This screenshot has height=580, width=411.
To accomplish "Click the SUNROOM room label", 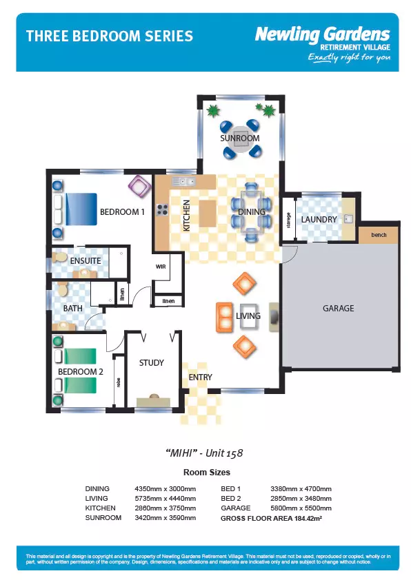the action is point(239,138).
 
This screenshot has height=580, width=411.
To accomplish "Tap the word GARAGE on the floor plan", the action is point(338,308).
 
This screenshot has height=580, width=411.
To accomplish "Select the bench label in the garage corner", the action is point(379,235).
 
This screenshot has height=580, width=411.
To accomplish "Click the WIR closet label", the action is point(161,267).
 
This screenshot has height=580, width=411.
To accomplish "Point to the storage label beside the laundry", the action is point(289,220).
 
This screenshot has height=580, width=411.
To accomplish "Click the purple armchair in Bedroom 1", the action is point(139,186).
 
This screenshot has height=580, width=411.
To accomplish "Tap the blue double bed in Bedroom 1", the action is point(81,209).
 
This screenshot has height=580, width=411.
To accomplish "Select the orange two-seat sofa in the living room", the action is point(224,318).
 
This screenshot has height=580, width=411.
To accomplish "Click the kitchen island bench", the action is point(208,213).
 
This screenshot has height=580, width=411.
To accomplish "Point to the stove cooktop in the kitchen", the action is point(162,209).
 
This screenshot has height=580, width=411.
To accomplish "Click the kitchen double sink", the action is point(183,181).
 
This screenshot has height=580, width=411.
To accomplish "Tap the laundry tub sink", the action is point(348,218).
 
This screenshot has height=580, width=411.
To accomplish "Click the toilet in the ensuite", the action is point(60,256).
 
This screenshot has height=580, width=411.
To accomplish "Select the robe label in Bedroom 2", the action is point(119,382).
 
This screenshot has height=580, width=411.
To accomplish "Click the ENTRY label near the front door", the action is point(200,377).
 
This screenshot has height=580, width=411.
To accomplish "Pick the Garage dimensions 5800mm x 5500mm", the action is point(301,508).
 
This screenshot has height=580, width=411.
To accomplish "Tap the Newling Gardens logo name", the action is point(323,34).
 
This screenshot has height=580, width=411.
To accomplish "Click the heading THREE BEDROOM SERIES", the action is point(110,37).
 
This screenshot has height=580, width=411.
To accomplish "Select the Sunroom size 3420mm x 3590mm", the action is point(165,518).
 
